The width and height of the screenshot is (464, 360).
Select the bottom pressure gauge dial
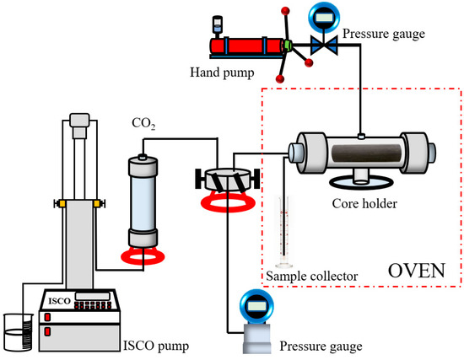tap(254, 305)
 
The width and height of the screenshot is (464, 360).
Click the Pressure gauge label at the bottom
tap(321, 346)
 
